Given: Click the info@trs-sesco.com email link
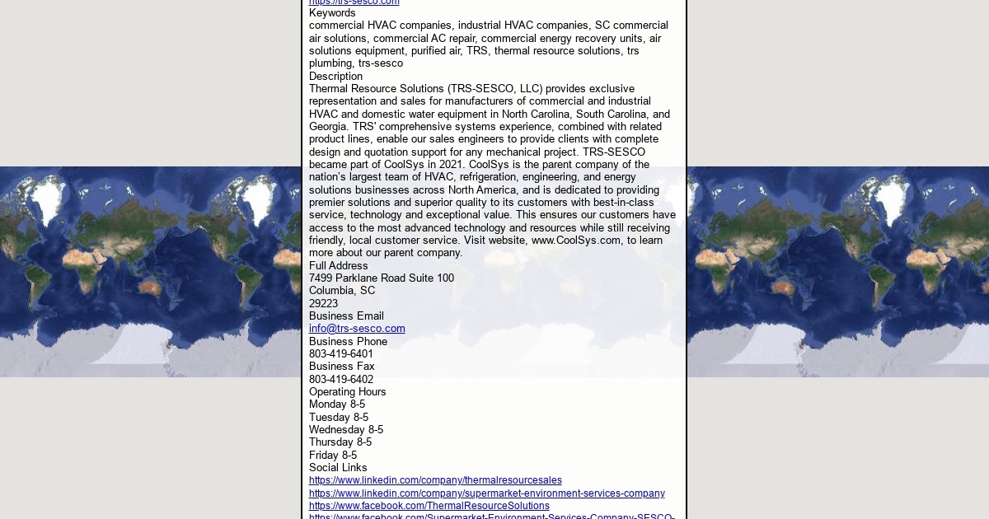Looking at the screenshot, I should point(357,329).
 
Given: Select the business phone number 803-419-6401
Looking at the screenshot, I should point(341,354).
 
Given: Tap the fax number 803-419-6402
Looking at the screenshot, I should point(341,380).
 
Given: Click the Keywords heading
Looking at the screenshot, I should point(332,13).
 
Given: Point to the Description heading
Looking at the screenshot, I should point(335,77).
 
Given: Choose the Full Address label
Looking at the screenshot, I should point(339,266).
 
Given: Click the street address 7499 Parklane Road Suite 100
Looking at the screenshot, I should point(382,278).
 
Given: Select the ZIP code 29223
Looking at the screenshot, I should point(323,304).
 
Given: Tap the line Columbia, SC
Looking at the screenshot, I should point(342,291).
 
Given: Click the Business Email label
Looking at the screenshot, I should point(346,316).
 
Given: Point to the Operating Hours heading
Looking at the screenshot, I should point(348,392).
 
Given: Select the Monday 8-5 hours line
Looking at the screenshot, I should point(337,404).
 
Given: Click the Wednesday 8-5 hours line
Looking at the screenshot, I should point(346,430).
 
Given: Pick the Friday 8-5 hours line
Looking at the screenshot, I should point(333,456).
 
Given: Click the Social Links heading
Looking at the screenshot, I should point(338,468).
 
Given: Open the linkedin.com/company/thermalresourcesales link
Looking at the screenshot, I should point(435,480).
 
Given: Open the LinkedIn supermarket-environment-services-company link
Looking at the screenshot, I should point(486,493).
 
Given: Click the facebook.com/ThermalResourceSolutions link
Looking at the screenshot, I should point(429,506).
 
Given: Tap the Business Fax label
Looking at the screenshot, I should point(342,367).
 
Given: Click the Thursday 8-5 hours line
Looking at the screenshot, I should point(340,442).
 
